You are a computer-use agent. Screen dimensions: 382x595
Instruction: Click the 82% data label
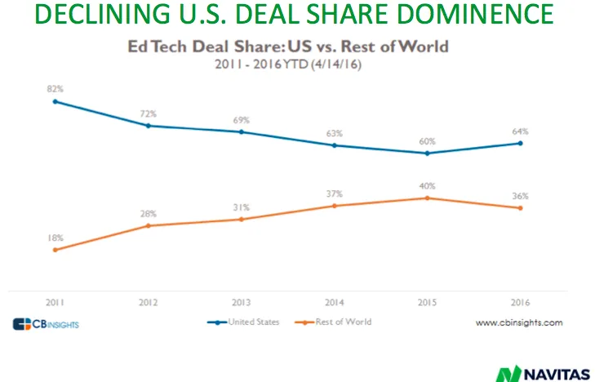tap(55, 87)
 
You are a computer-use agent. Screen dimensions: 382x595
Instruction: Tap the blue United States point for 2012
tap(148, 125)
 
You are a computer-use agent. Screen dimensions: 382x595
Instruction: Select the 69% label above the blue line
tap(242, 119)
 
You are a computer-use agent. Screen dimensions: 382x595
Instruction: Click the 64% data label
tap(521, 131)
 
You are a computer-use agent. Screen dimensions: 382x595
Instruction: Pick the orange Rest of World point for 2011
tap(55, 250)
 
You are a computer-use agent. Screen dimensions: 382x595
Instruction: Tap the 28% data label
tap(148, 214)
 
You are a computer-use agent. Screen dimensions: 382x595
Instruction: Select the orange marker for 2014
tap(335, 206)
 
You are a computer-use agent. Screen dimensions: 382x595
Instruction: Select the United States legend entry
tap(244, 322)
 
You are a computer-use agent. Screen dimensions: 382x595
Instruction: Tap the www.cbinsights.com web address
tap(519, 322)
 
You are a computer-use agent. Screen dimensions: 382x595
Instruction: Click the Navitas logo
tap(542, 372)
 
